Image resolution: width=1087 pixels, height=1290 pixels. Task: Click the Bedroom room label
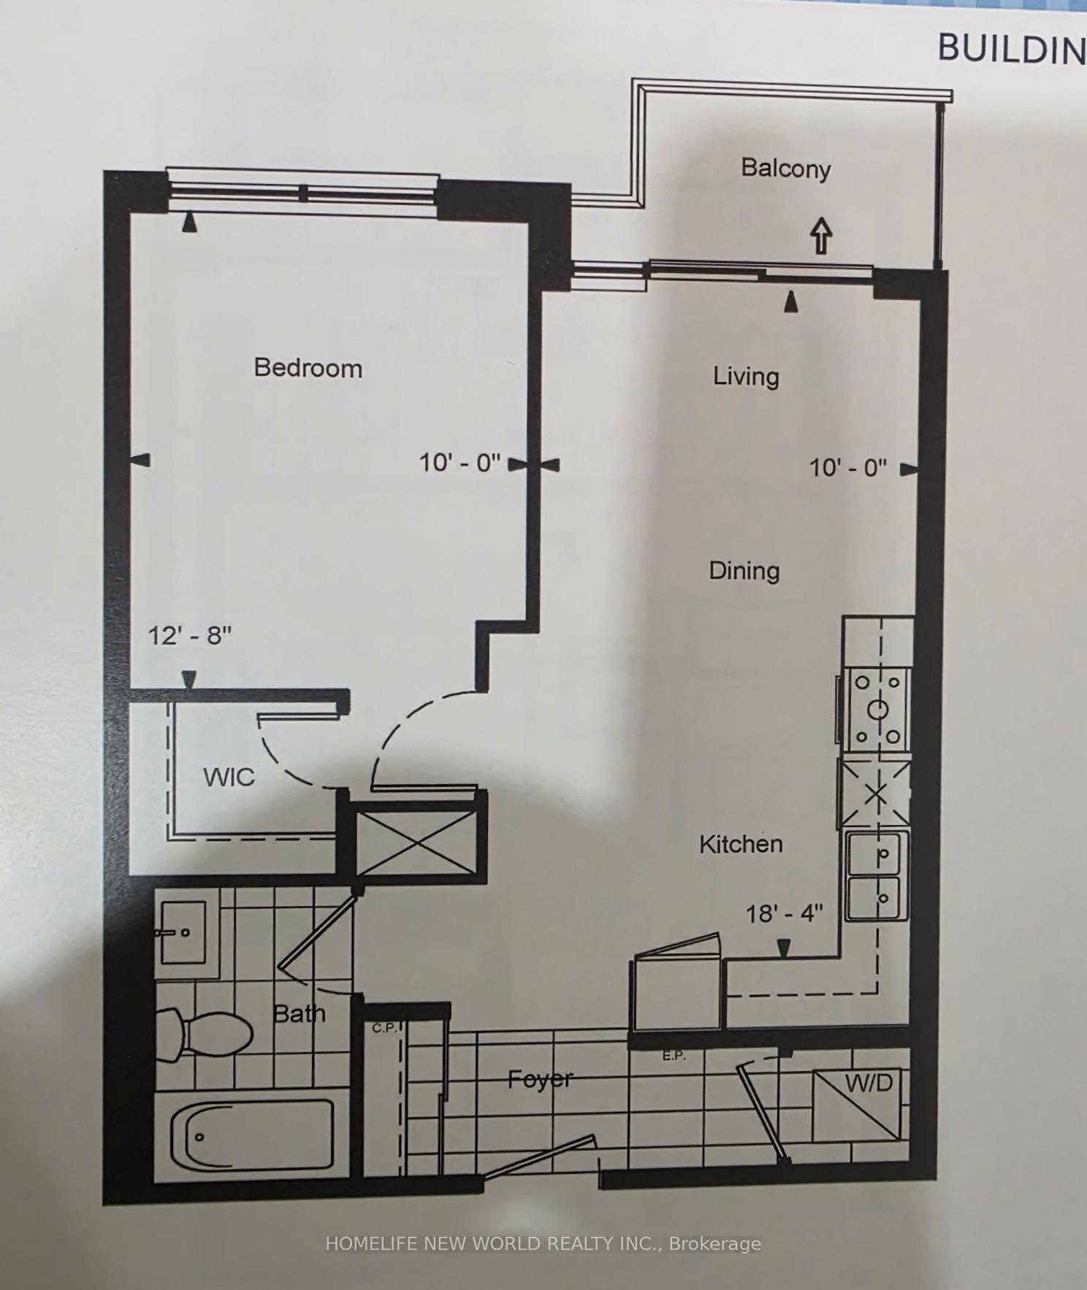308,367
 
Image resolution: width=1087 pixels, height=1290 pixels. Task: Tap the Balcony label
786,168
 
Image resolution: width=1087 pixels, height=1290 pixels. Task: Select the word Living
746,377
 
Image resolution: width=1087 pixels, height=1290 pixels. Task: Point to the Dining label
744,570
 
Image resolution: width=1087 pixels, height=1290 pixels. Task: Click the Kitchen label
741,844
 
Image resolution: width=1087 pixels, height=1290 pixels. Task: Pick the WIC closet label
229,777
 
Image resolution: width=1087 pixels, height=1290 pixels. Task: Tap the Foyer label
541,1079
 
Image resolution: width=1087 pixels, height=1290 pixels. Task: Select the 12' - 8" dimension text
190,635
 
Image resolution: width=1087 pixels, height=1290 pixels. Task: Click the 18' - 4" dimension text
784,913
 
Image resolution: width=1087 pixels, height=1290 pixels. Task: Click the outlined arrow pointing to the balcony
822,235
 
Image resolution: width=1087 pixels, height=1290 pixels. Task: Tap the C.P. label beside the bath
384,1029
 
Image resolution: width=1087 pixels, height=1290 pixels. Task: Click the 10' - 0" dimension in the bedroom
459,462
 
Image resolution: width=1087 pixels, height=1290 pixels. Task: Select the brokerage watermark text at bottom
543,1243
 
